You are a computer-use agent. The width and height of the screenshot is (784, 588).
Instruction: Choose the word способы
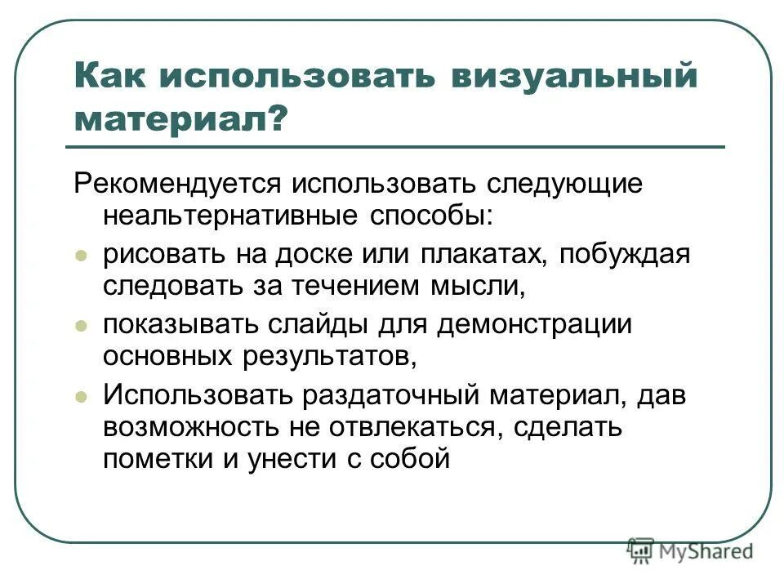[430, 216]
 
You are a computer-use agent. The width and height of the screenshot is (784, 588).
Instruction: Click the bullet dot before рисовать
[81, 256]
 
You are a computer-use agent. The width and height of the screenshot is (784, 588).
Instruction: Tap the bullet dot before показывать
[81, 325]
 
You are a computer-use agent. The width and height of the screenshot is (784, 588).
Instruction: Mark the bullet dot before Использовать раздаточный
[81, 395]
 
